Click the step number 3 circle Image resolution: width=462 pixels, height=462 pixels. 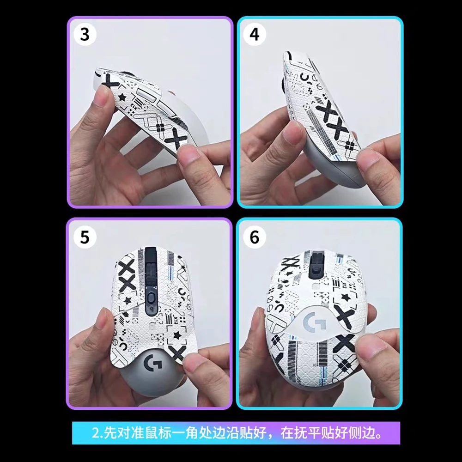[x=85, y=35]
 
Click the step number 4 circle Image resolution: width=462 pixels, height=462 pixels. [x=254, y=35]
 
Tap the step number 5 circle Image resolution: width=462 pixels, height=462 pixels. [x=85, y=237]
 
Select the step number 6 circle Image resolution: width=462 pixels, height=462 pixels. [x=254, y=237]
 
